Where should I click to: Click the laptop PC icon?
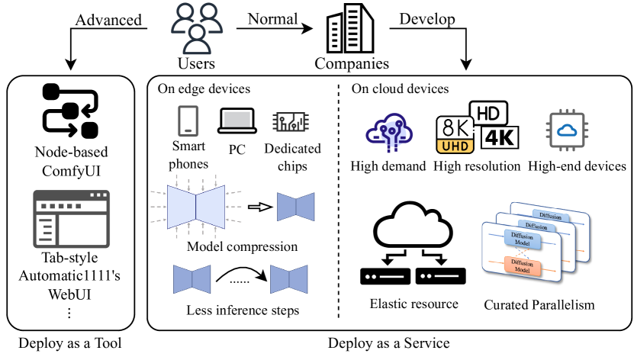(237, 121)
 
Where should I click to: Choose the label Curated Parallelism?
(539, 305)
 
